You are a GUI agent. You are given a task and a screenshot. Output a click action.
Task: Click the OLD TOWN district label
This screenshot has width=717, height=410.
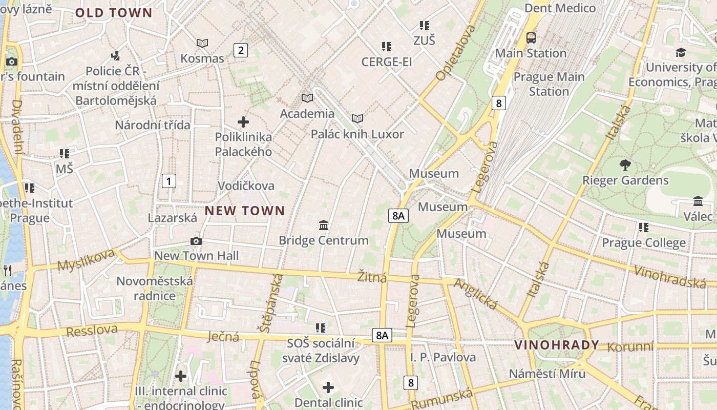click(114, 13)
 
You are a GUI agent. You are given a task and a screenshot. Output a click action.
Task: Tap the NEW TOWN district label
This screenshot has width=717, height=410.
click(245, 211)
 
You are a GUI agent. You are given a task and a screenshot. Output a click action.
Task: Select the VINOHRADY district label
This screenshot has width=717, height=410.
click(557, 345)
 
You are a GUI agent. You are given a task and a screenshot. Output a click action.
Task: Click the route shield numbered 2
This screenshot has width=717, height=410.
click(240, 50)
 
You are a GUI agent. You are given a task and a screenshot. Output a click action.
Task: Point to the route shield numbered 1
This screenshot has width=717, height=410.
click(168, 181)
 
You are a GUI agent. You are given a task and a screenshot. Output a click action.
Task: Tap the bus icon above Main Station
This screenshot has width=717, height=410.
click(531, 37)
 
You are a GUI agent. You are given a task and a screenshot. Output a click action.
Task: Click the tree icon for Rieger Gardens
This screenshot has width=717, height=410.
click(625, 165)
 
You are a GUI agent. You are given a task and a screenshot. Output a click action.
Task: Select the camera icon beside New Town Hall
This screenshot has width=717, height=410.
click(196, 241)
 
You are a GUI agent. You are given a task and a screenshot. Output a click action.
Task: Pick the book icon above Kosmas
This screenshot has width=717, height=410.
click(202, 43)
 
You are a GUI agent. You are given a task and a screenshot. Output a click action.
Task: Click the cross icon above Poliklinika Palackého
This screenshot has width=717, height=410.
click(243, 122)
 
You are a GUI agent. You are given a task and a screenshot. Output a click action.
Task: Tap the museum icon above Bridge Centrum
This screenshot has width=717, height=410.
click(324, 225)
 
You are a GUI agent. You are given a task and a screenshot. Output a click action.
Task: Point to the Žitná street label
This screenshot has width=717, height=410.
click(372, 277)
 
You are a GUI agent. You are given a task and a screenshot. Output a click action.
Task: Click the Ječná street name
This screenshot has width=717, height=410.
click(224, 337)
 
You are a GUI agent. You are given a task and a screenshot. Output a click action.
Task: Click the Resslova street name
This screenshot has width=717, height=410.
click(92, 330)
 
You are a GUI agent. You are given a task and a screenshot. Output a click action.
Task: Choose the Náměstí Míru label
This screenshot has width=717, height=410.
click(547, 373)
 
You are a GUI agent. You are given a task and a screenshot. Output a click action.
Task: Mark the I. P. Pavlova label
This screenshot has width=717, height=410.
click(443, 357)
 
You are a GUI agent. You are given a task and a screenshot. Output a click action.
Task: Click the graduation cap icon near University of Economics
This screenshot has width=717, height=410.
click(681, 52)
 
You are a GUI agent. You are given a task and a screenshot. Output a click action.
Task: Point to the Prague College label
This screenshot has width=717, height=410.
click(643, 242)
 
